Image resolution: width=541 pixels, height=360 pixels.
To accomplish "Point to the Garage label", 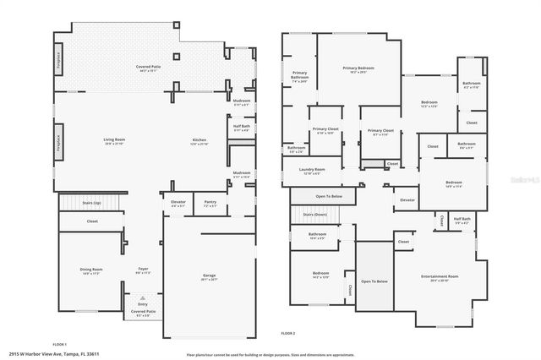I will pos(209,275).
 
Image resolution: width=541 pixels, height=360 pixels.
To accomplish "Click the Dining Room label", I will pos(91,270).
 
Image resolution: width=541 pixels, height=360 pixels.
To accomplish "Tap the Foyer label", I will pos(143,270).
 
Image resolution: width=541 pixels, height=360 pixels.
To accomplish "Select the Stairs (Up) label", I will pos(92,204).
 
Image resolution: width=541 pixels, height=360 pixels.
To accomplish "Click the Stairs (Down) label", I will pos(314,215).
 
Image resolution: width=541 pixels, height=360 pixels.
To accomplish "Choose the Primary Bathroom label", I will pos(300,75).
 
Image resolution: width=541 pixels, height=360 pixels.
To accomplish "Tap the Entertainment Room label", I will pos(440,277).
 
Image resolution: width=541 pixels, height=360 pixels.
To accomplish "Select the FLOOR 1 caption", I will pos(60,345).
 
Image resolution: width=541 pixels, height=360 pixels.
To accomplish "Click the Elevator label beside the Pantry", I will pos(178,202).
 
